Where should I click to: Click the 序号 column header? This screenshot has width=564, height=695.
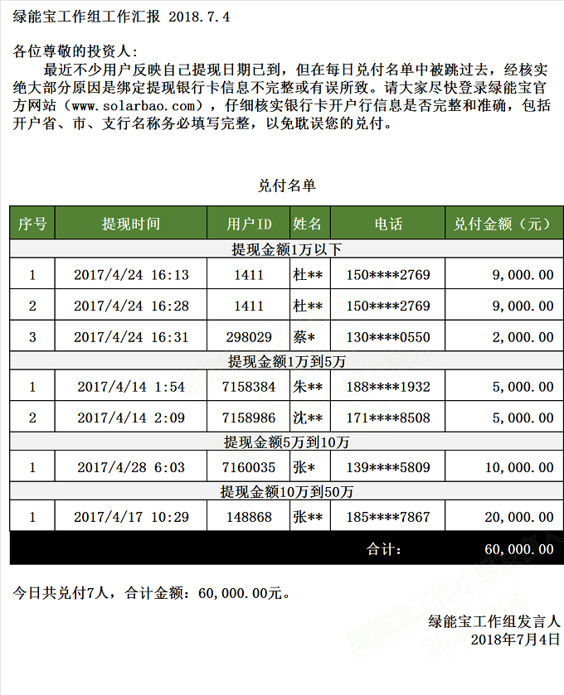[x=32, y=224]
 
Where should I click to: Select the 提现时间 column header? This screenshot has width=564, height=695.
[x=131, y=224]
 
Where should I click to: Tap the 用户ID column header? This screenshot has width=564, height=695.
[x=249, y=224]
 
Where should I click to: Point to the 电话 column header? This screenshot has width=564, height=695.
[x=388, y=224]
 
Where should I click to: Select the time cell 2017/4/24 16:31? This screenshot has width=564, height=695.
[x=131, y=337]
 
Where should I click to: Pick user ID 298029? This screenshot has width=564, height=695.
[x=249, y=337]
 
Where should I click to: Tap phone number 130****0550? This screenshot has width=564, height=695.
[x=388, y=337]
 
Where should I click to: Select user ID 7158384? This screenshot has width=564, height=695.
[x=249, y=387]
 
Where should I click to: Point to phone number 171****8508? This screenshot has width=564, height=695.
[x=388, y=417]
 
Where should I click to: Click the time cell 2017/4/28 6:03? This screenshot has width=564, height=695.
[x=131, y=467]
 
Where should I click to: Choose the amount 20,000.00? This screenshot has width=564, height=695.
[x=519, y=517]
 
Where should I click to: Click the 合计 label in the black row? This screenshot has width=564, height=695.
[x=384, y=548]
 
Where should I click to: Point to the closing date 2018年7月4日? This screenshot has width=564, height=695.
[x=515, y=639]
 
